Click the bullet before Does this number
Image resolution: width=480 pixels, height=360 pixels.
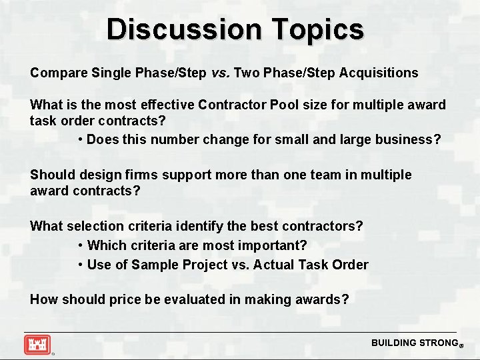(80, 140)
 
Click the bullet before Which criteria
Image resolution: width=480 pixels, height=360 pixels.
(80, 245)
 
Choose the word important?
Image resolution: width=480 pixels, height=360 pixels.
(273, 245)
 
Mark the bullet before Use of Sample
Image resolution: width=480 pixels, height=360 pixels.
(80, 265)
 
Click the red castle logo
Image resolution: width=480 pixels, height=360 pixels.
(37, 345)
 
